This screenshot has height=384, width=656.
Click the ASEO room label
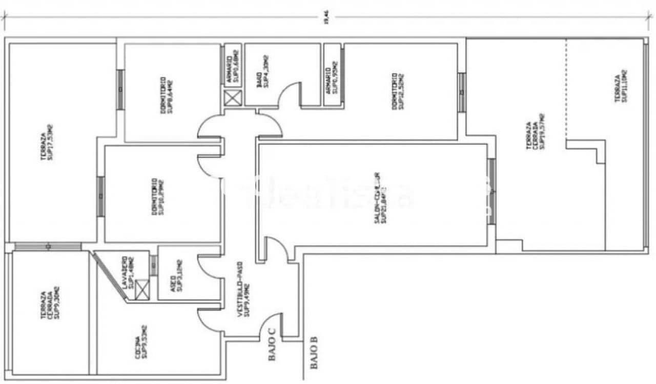pyautogui.click(x=176, y=277)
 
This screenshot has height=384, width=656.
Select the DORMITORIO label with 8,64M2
pyautogui.click(x=166, y=95)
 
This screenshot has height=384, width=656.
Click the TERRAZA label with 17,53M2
pyautogui.click(x=47, y=143)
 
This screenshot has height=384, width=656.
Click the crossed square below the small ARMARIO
pyautogui.click(x=233, y=98)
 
